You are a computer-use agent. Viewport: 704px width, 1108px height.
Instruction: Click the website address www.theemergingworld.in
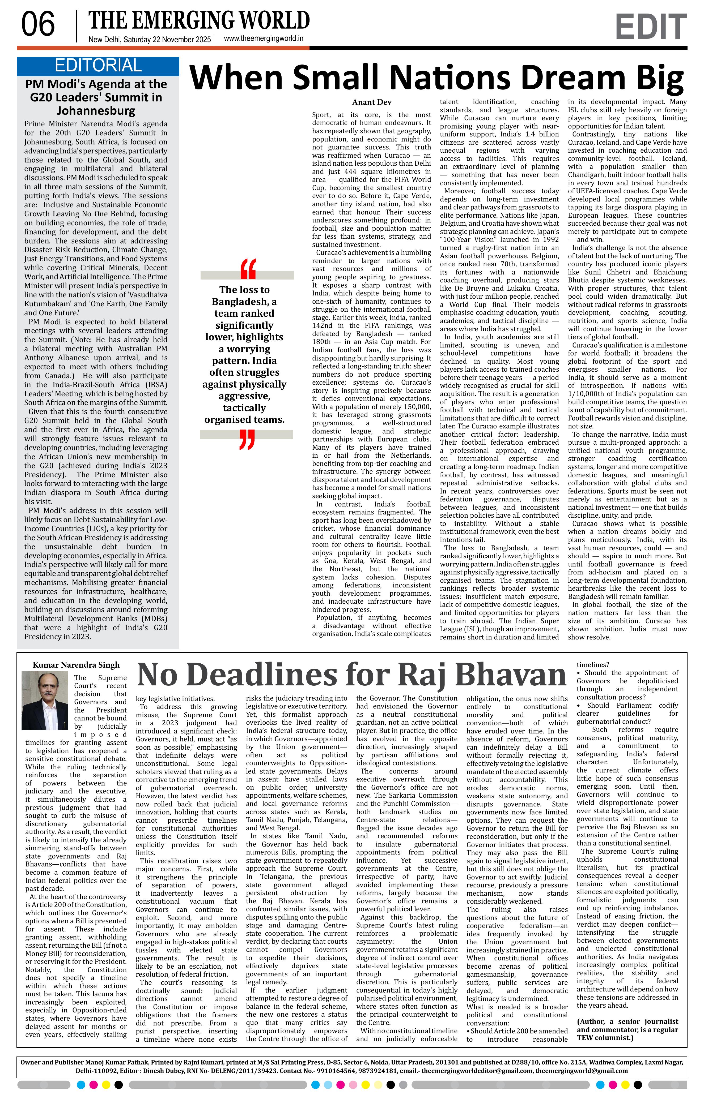click(263, 39)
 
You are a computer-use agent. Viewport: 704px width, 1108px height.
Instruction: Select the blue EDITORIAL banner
click(98, 66)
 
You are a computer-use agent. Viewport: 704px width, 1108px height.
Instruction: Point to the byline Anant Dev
click(372, 102)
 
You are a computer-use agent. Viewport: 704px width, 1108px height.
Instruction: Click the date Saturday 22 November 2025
click(167, 40)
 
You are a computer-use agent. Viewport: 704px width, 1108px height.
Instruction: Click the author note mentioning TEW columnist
click(627, 1029)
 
